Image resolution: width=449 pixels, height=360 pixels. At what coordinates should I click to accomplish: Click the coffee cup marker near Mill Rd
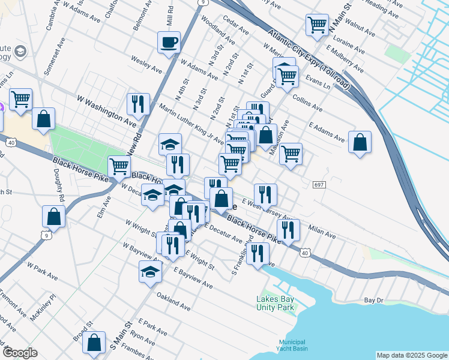169,43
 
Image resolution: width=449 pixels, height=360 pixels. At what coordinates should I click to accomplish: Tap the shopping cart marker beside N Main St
317,26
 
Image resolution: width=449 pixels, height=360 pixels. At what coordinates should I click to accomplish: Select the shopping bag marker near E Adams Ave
359,143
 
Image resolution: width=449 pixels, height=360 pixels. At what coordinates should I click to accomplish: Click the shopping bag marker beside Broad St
94,344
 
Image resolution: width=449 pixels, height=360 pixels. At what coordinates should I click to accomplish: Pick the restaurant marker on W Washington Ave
138,104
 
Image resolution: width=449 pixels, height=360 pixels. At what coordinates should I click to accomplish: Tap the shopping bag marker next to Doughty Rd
53,218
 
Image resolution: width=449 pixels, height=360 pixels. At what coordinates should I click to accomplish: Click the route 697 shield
319,184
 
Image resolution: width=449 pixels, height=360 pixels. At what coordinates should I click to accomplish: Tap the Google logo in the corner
20,353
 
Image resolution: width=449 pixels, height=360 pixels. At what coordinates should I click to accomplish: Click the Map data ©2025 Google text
412,355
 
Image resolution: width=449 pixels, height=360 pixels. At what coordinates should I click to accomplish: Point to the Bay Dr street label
373,299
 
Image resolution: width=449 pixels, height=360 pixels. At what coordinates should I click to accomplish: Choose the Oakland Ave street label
173,301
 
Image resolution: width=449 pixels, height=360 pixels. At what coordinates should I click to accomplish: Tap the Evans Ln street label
318,82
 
